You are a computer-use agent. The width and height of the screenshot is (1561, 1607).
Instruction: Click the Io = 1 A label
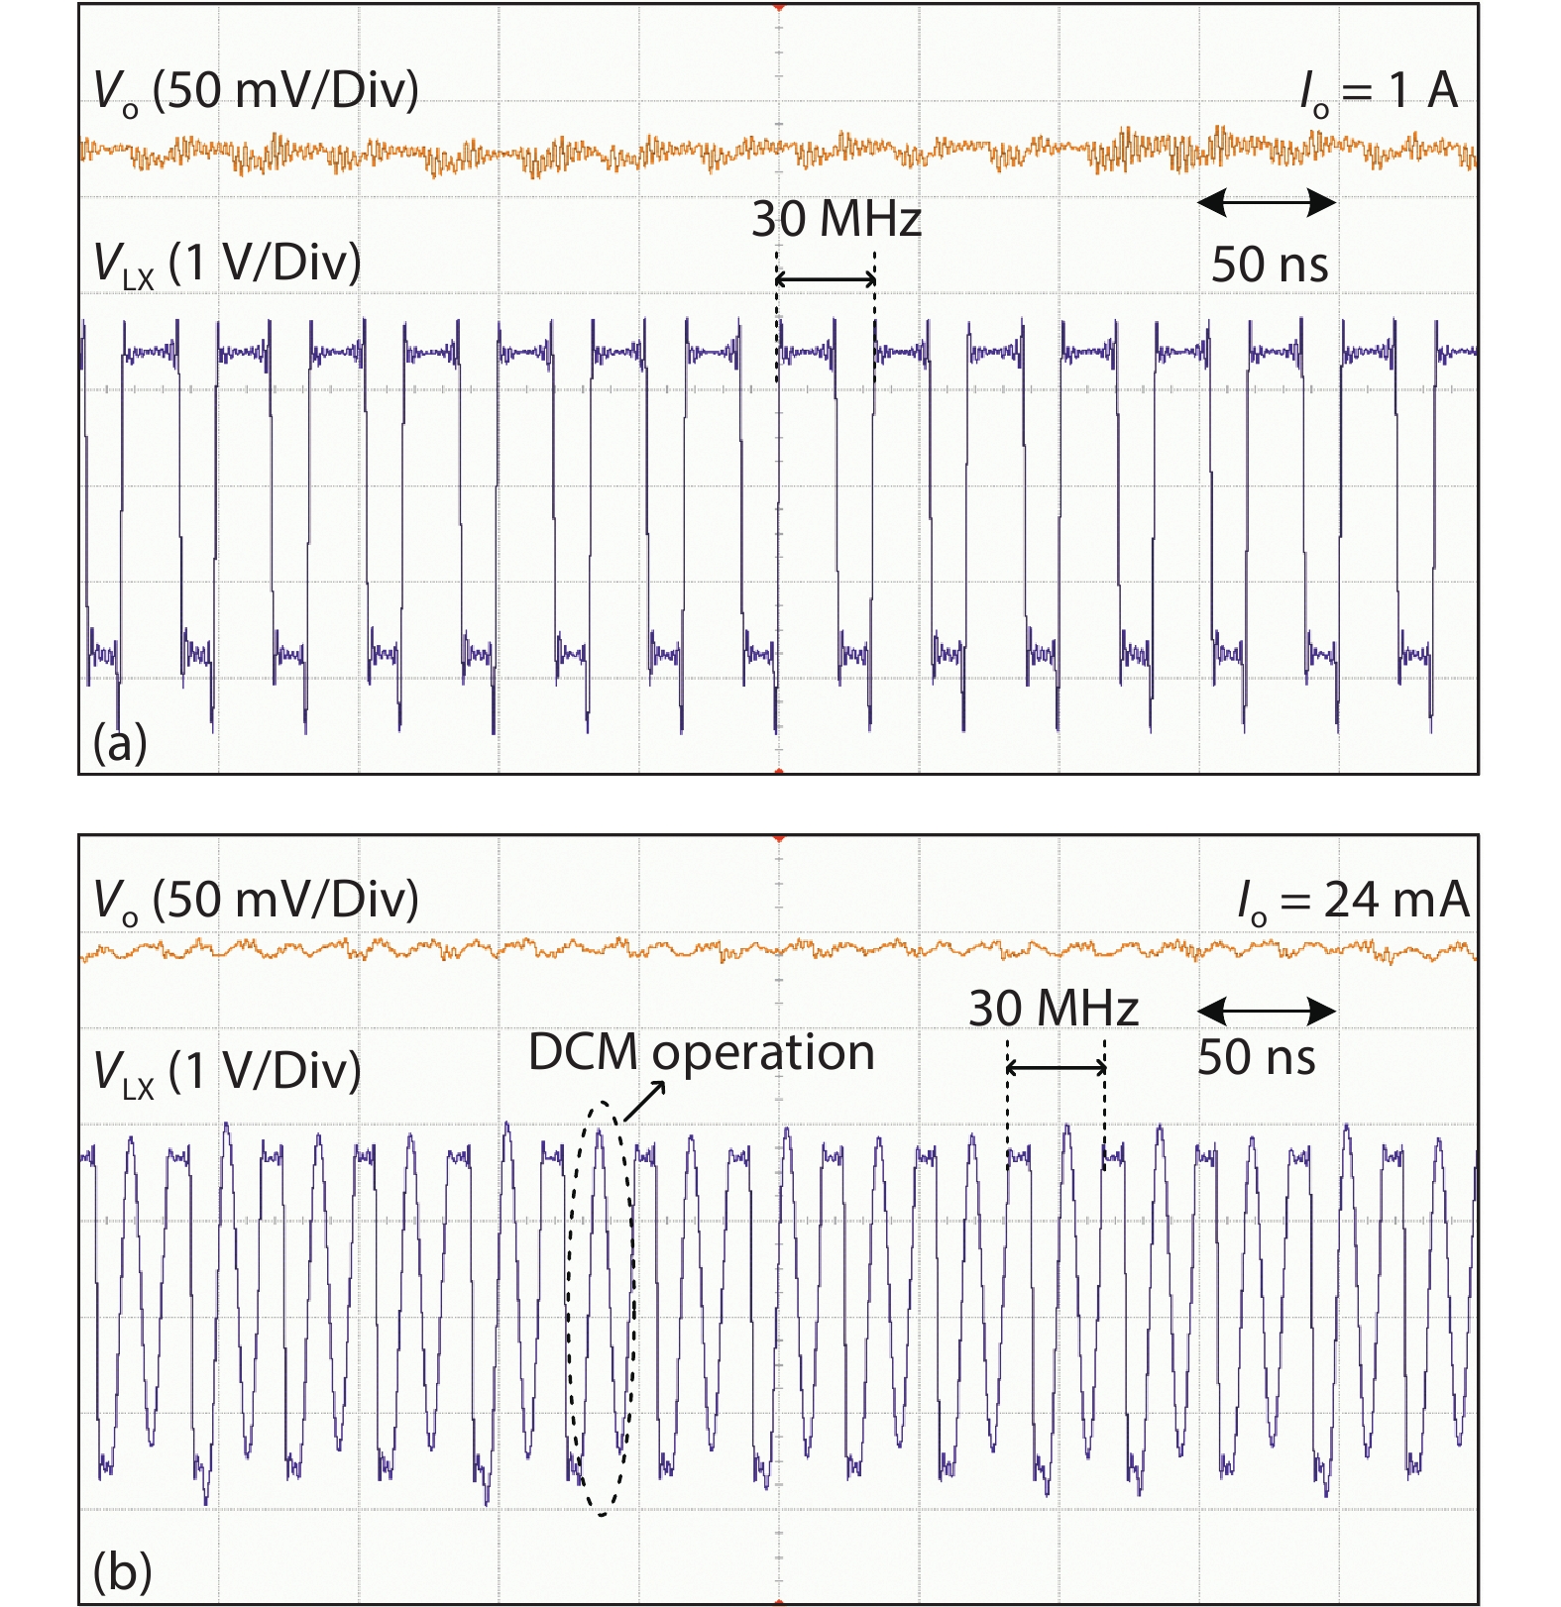pyautogui.click(x=1379, y=91)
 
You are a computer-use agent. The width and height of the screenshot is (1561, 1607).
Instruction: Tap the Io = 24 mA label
pyautogui.click(x=1353, y=901)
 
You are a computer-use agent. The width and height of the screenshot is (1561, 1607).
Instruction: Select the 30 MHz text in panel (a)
pyautogui.click(x=836, y=220)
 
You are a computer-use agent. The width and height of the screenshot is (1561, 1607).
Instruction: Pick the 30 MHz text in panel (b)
pyautogui.click(x=1054, y=1010)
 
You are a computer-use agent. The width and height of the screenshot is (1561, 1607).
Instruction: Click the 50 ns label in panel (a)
pyautogui.click(x=1270, y=265)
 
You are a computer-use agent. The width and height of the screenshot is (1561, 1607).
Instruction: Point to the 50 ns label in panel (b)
pyautogui.click(x=1256, y=1057)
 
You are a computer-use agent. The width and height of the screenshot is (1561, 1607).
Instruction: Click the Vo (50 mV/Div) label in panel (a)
pyautogui.click(x=256, y=91)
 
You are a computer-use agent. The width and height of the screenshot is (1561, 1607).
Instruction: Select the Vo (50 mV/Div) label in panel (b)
pyautogui.click(x=256, y=901)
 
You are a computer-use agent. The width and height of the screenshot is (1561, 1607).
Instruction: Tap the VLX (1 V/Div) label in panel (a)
pyautogui.click(x=227, y=265)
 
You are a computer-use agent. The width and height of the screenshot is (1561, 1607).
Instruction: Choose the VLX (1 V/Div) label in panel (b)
pyautogui.click(x=227, y=1072)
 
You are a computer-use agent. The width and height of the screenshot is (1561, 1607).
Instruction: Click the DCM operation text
pyautogui.click(x=701, y=1052)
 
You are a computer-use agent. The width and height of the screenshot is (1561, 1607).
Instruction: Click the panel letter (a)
pyautogui.click(x=120, y=742)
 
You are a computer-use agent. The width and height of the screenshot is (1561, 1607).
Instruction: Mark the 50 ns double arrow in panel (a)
pyautogui.click(x=1267, y=204)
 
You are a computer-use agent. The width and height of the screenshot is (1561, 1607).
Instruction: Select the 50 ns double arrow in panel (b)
pyautogui.click(x=1267, y=1012)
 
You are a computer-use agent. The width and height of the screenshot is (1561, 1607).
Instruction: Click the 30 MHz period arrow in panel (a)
pyautogui.click(x=826, y=280)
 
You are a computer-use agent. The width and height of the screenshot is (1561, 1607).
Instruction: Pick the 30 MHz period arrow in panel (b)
pyautogui.click(x=1057, y=1068)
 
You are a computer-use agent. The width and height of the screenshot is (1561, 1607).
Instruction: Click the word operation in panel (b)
pyautogui.click(x=763, y=1054)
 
